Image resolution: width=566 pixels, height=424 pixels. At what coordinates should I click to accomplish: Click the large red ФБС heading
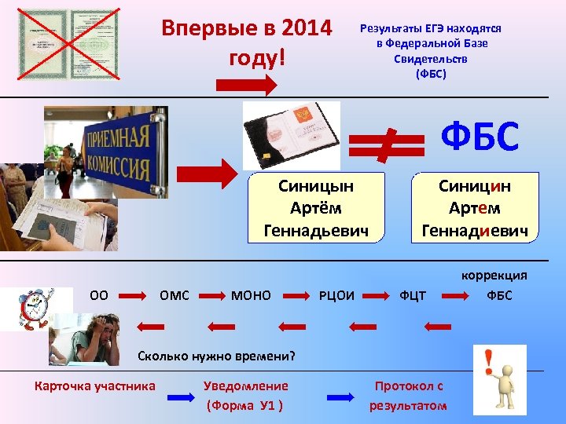[x=480, y=137]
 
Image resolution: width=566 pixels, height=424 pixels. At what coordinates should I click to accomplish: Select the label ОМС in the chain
[x=175, y=295]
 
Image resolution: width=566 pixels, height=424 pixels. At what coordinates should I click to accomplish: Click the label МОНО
[x=251, y=295]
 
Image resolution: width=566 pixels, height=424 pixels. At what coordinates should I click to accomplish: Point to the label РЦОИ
[x=336, y=296]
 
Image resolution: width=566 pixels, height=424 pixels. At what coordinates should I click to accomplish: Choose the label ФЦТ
[x=413, y=296]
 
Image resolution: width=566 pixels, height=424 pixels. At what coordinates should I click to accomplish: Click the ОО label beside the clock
[x=99, y=295]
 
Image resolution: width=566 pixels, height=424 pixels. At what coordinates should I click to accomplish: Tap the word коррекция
[x=494, y=275]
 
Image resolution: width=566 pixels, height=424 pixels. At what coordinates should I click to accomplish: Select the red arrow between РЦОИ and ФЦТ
[x=380, y=296]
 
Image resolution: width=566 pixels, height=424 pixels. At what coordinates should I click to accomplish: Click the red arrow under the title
[x=246, y=85]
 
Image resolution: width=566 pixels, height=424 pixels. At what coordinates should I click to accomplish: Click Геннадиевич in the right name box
[x=474, y=230]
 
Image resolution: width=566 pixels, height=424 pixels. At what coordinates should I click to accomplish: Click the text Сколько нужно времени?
[x=216, y=356]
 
